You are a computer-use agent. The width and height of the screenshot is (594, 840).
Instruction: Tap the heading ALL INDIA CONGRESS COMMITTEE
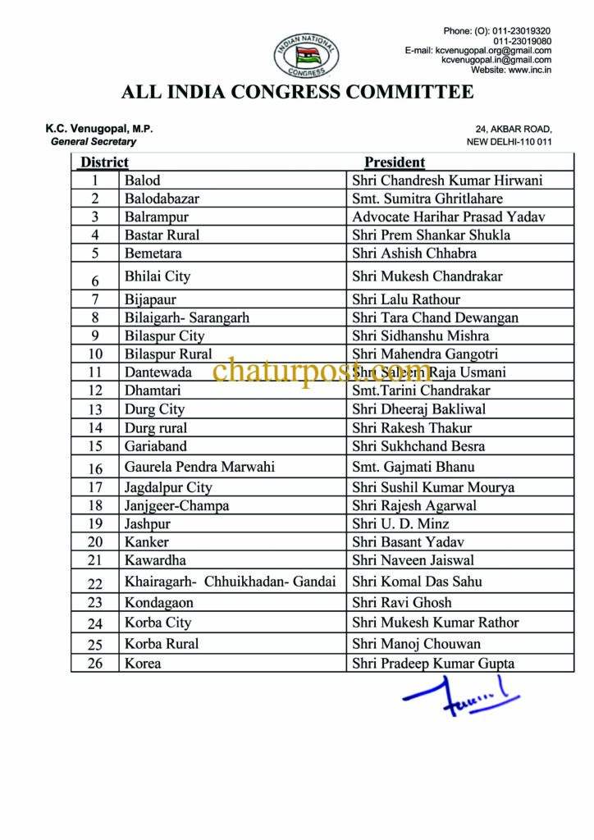[x=297, y=92]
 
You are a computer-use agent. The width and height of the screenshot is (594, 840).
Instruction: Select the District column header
[x=104, y=162]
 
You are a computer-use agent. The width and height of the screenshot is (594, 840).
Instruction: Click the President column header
[x=395, y=162]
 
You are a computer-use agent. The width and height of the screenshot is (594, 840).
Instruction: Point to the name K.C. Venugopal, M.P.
[x=98, y=129]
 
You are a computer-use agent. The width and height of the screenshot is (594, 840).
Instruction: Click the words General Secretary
[x=94, y=141]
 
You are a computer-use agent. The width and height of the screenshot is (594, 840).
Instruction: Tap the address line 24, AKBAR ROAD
[x=514, y=129]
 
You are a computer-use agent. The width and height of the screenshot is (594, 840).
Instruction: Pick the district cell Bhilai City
[x=158, y=276]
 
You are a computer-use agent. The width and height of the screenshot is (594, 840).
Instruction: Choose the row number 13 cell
[x=96, y=409]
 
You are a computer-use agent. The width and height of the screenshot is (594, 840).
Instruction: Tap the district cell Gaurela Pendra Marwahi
[x=199, y=467]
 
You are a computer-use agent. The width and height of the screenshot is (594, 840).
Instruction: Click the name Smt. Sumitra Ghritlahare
[x=427, y=199]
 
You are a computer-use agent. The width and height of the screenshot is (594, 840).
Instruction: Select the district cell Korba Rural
[x=162, y=643]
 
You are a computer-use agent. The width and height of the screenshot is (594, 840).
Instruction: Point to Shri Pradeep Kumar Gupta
[x=433, y=664]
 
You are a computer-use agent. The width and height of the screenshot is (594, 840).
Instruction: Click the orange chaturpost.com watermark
[x=322, y=372]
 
